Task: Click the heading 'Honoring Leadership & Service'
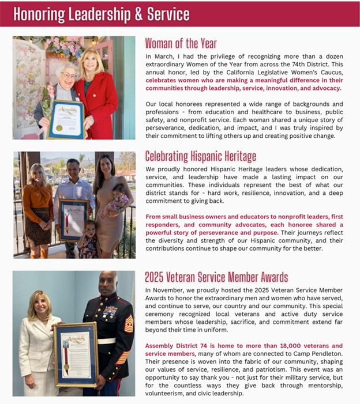click(101, 13)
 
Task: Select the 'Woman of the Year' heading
click(181, 44)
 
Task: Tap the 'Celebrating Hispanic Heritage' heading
click(201, 156)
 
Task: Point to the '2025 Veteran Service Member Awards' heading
click(216, 277)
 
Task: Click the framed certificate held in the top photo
click(66, 119)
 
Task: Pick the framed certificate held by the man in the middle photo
click(73, 219)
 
